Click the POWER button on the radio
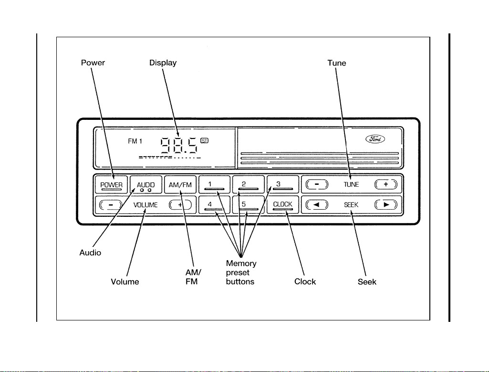tap(111, 184)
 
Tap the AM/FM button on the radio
tap(180, 184)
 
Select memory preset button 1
tap(215, 184)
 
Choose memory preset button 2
tap(248, 184)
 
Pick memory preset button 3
tap(282, 184)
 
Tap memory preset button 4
tap(215, 205)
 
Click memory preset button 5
tap(248, 205)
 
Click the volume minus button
tap(110, 205)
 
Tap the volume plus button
tap(180, 205)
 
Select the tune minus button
tap(317, 184)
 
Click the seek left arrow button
tap(317, 205)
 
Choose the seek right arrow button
tap(386, 205)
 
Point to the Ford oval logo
tap(375, 139)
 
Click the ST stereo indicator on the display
tap(205, 141)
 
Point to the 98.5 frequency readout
tap(179, 146)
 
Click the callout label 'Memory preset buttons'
tap(241, 273)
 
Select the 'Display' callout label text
tap(163, 63)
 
